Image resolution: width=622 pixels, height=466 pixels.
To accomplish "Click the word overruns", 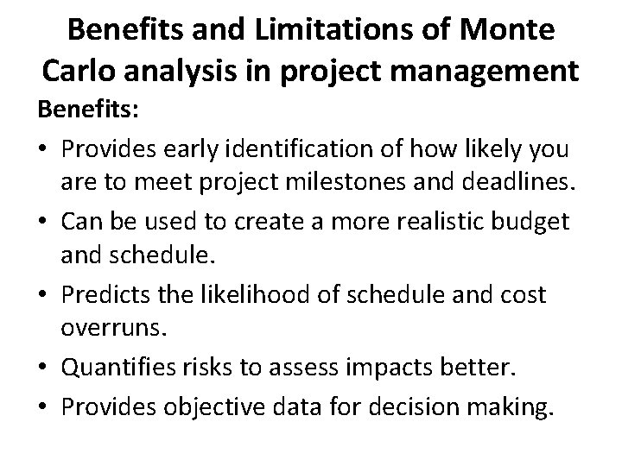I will (137, 331).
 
